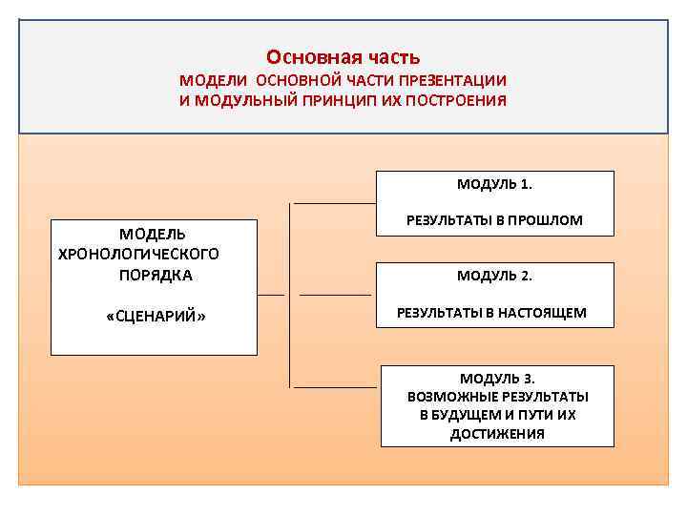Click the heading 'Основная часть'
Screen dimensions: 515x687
coord(343,57)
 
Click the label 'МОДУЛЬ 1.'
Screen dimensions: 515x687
coord(494,182)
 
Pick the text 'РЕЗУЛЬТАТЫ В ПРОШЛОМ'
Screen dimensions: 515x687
coord(494,219)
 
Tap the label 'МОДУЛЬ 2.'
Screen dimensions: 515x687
coord(494,276)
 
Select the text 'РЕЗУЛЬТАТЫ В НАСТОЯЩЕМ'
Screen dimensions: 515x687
coord(491,312)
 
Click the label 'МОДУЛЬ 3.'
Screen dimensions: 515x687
coord(497,378)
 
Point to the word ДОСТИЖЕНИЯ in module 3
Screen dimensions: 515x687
coord(497,434)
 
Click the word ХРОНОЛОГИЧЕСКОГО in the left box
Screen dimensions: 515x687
coord(138,254)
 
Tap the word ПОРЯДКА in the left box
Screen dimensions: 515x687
coord(156,275)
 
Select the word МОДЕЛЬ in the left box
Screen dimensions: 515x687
coord(153,234)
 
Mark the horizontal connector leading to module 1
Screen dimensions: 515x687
coord(334,203)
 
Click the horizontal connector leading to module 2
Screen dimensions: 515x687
coord(334,295)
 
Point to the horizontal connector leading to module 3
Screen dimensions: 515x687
coord(334,387)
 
